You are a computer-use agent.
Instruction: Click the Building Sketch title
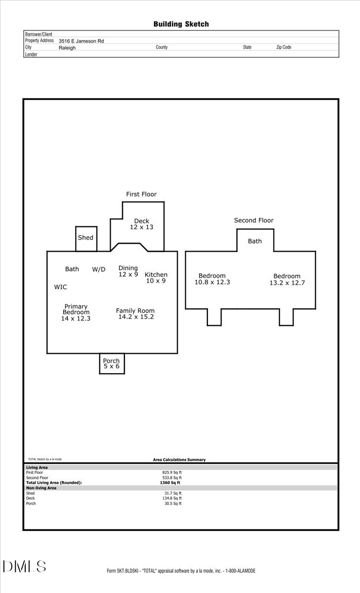coord(181,24)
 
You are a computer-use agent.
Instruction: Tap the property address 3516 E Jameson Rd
coord(81,42)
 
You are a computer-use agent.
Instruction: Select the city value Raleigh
coord(67,48)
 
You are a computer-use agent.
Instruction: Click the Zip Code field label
coord(283,47)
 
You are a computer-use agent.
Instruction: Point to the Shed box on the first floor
coord(86,238)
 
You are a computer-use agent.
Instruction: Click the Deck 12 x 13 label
coord(142,224)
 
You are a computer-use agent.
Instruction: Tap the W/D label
coord(99,269)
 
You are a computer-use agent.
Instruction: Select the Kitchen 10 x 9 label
coord(156,278)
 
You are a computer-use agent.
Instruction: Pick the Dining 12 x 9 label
coord(128,271)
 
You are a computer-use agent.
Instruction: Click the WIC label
coord(61,287)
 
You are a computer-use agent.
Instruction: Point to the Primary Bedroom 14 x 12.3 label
coord(76,313)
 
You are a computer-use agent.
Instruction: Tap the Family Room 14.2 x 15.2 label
coord(136,314)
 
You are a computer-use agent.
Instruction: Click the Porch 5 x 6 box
coord(112,364)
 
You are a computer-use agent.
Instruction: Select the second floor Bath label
coord(255,241)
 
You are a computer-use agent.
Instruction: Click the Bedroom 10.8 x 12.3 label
coord(212,279)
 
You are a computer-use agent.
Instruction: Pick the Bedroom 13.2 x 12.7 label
coord(287,279)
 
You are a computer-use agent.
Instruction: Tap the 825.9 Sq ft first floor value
coord(173,472)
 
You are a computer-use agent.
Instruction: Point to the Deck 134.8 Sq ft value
coord(173,498)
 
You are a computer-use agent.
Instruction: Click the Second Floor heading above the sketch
coord(253,220)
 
